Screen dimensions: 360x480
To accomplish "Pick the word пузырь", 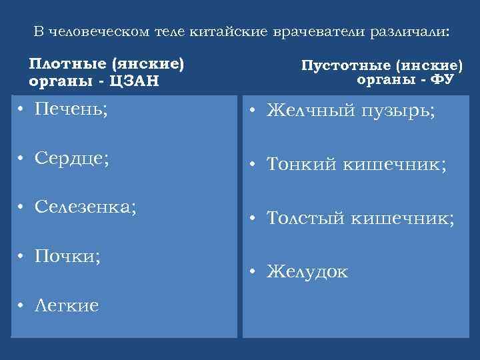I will [x=397, y=111].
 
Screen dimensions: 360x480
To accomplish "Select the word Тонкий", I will [x=303, y=164].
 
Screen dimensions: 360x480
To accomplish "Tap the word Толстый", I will [x=307, y=217].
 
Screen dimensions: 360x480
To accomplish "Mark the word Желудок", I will [x=307, y=271].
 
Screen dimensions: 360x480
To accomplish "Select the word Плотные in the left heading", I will [x=67, y=65].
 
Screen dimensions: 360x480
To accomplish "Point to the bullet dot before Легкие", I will [x=22, y=305].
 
